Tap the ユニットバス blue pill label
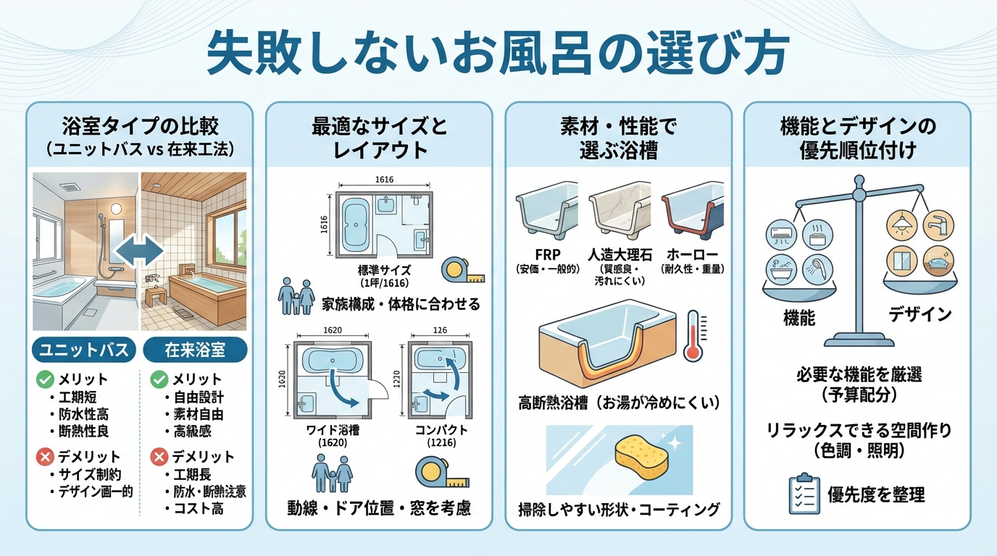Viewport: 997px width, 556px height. (84, 350)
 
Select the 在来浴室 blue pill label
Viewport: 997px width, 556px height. (195, 350)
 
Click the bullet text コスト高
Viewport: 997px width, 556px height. (198, 508)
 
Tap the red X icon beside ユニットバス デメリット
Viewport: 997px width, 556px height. (45, 457)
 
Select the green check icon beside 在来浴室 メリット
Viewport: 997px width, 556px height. (157, 379)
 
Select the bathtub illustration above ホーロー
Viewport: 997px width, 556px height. (693, 211)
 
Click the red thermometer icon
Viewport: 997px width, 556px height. (694, 335)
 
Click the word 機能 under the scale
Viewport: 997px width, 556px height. (799, 317)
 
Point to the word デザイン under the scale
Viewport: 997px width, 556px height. (920, 314)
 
